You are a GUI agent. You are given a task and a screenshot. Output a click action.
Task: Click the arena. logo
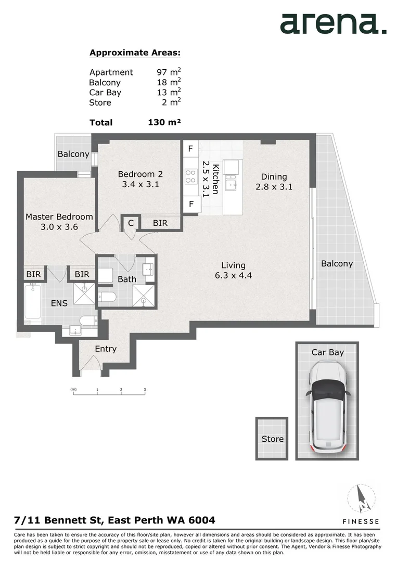coord(333,24)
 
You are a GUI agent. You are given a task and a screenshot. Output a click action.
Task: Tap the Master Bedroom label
coord(59,216)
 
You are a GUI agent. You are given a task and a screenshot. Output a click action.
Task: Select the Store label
coord(272,439)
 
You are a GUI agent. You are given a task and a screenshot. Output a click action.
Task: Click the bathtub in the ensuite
coord(33,302)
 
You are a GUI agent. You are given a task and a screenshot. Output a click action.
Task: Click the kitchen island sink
coord(230,183)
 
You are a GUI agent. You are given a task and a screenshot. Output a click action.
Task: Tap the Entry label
coord(106,349)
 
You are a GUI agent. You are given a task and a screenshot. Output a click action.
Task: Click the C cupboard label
coord(131,223)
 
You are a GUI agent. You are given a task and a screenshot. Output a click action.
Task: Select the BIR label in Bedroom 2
coord(160,223)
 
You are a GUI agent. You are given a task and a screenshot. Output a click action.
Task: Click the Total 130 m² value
coord(164,122)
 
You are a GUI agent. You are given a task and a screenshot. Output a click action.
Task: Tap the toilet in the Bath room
coord(108,297)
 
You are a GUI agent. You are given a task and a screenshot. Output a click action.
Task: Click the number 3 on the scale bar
coord(145,389)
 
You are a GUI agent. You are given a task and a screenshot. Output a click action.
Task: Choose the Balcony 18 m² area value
coord(169,82)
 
